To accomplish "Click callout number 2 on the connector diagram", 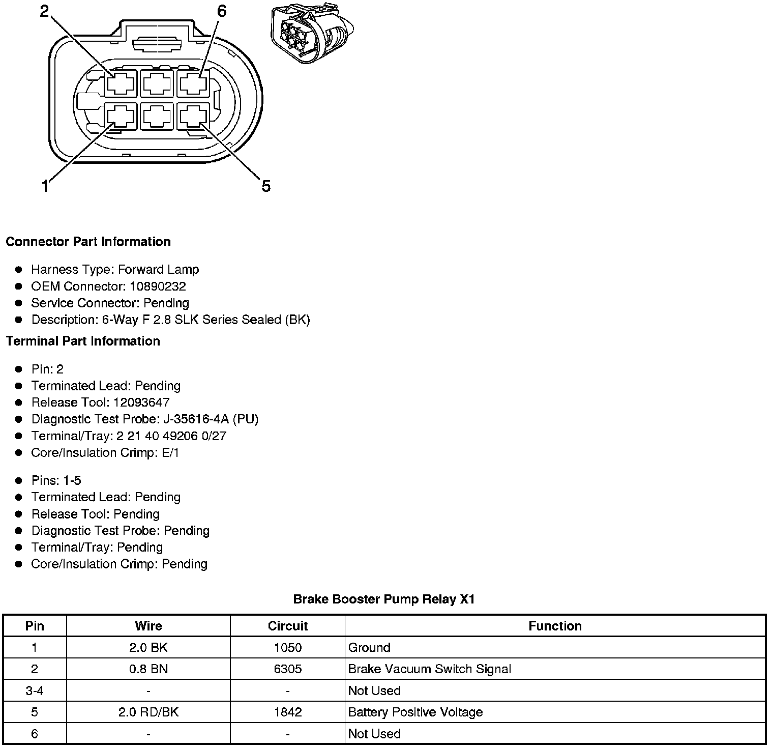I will click(x=45, y=11).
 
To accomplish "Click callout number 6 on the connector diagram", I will click(x=221, y=11).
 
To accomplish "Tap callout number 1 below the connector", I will click(x=45, y=187).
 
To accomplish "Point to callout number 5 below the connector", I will click(x=266, y=186).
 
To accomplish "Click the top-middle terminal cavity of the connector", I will click(x=157, y=83).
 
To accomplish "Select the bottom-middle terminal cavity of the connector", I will click(x=157, y=118).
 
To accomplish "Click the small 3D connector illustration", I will click(x=311, y=35).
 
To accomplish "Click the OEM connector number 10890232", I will click(x=158, y=286).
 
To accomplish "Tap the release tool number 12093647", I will click(x=141, y=402).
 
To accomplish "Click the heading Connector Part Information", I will click(x=88, y=242).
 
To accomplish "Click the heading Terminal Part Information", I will click(x=83, y=341).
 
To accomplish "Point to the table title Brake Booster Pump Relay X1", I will click(x=384, y=599).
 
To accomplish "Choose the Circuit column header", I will click(x=288, y=626).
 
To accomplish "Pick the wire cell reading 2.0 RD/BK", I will click(x=148, y=712).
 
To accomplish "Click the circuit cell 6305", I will click(x=288, y=669).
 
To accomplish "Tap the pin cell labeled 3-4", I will click(x=35, y=691).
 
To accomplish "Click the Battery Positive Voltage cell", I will click(x=415, y=712).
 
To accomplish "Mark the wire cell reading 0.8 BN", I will click(x=148, y=669).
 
